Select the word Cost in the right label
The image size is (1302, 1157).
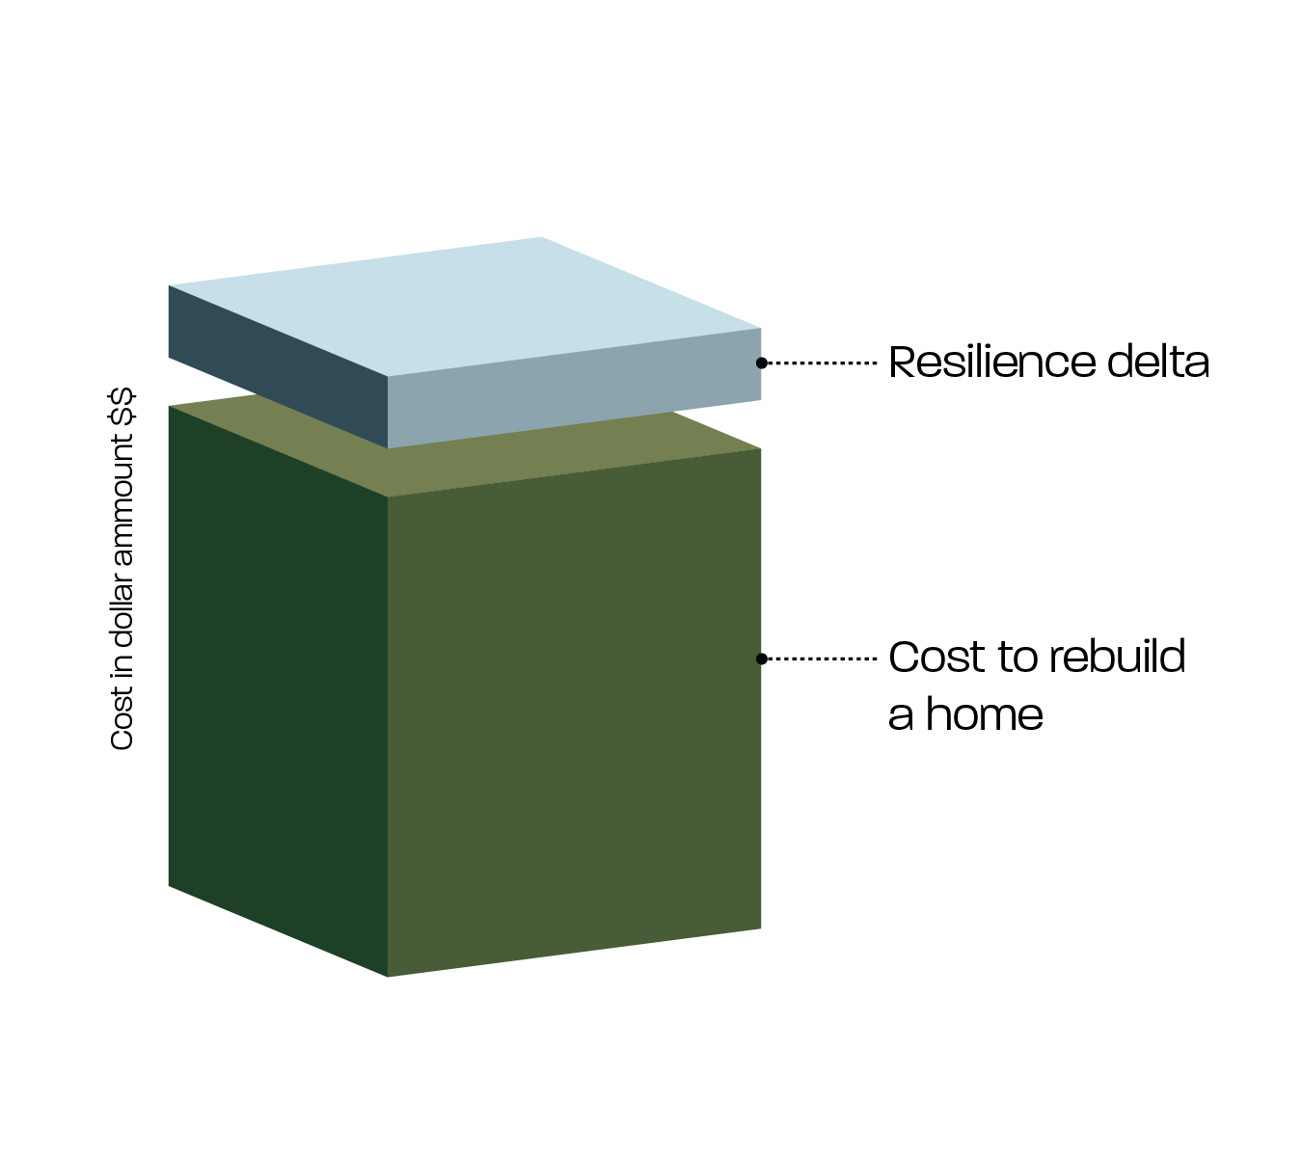click(936, 658)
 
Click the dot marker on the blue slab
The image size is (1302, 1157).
click(761, 363)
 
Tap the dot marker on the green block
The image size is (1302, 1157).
click(761, 659)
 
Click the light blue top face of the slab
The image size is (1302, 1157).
click(463, 304)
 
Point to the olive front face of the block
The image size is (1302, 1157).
click(574, 713)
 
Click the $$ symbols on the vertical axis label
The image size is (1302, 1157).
click(122, 405)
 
